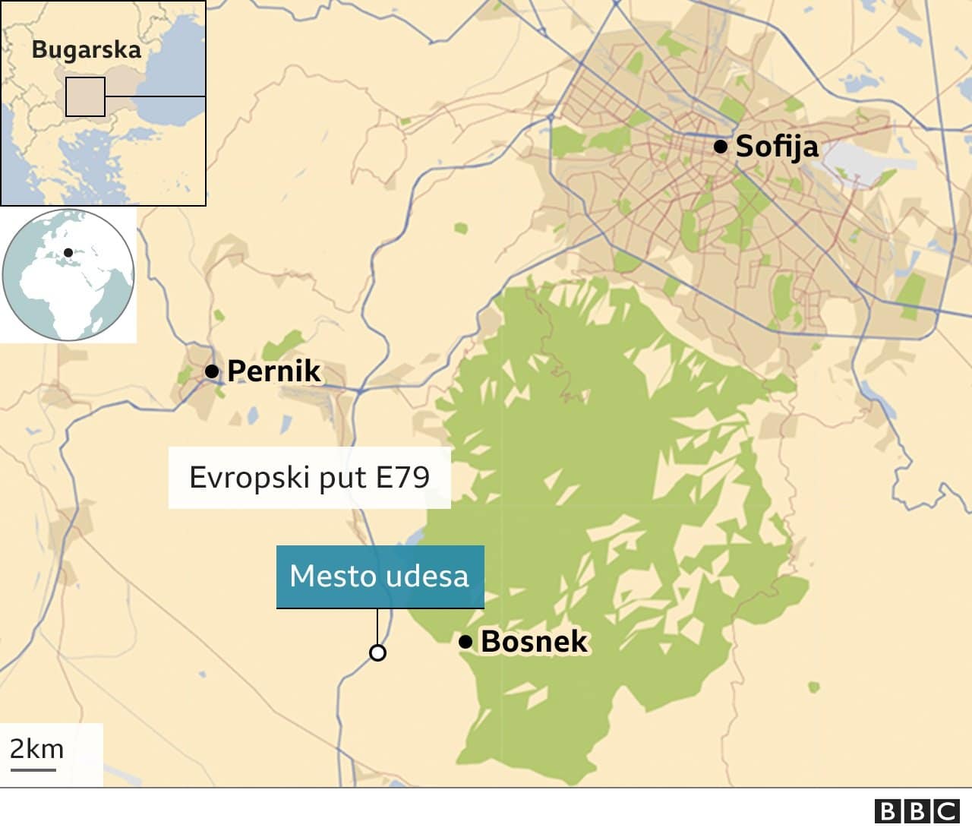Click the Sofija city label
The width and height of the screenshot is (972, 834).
click(777, 146)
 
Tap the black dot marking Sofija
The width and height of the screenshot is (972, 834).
click(720, 146)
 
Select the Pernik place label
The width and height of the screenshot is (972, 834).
click(274, 371)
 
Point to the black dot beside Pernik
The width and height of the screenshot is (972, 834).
click(212, 371)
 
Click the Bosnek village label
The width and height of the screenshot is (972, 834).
click(534, 642)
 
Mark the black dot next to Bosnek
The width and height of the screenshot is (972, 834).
click(465, 643)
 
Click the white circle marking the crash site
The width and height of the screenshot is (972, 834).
click(377, 652)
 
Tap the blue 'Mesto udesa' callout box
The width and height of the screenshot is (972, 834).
click(380, 577)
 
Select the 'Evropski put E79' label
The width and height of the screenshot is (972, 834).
click(309, 478)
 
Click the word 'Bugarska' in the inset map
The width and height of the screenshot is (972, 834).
click(87, 50)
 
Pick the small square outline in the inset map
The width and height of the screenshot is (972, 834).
click(85, 96)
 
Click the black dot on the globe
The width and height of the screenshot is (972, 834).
click(68, 253)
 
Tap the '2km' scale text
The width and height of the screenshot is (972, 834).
click(36, 749)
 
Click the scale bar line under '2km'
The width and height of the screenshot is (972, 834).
click(33, 769)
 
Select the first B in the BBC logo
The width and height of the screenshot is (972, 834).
click(887, 811)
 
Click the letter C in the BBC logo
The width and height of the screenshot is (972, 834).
click(946, 811)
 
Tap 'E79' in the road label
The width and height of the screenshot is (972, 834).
click(403, 478)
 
